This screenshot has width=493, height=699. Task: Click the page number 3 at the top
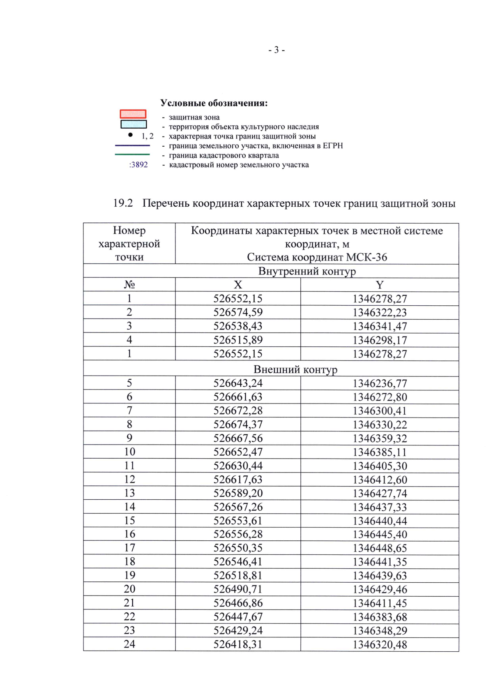click(276, 50)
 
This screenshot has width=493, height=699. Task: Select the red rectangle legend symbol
click(133, 114)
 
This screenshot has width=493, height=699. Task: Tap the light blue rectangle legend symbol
click(134, 124)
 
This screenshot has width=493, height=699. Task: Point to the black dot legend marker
click(130, 135)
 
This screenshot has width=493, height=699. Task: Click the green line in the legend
click(132, 155)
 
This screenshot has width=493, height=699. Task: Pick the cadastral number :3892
click(138, 165)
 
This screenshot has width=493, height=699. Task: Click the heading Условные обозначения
click(214, 103)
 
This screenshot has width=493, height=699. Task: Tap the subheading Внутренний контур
click(307, 271)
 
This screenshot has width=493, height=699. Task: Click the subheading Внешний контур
click(295, 369)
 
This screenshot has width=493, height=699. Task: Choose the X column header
click(238, 285)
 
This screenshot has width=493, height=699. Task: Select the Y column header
click(380, 285)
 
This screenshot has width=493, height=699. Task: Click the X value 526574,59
click(238, 312)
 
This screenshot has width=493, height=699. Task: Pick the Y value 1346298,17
click(380, 340)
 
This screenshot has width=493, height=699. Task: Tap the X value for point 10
click(238, 452)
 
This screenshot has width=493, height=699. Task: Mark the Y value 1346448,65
click(380, 548)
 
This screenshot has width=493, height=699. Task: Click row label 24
click(129, 644)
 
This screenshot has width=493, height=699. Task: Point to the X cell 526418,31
click(238, 644)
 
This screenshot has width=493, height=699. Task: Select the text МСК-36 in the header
click(366, 257)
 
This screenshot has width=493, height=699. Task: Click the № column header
click(129, 285)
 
